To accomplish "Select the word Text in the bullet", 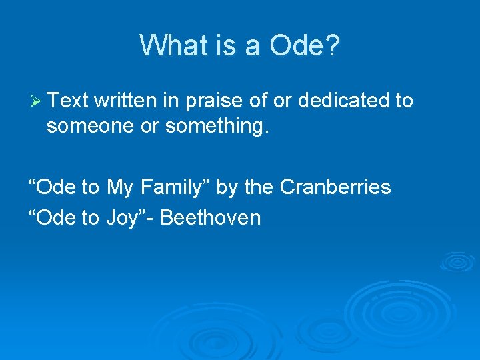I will tap(68, 101).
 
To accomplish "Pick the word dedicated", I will tap(344, 101).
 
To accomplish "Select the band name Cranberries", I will tap(335, 187).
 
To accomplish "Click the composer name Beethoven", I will tap(211, 217).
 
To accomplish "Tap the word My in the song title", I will tap(120, 187).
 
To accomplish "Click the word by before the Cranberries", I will tap(227, 187).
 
